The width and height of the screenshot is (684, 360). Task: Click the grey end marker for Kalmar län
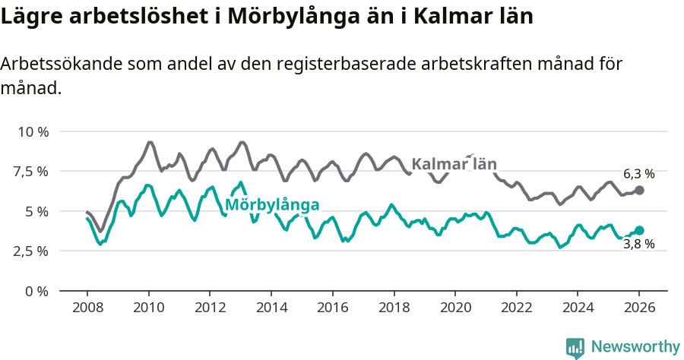[x=639, y=190]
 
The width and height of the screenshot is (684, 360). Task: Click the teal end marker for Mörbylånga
[x=639, y=230]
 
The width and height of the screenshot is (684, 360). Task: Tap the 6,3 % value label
[x=638, y=174]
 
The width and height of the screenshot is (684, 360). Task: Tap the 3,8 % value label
[x=638, y=245]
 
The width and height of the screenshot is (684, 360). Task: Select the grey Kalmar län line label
[x=454, y=164]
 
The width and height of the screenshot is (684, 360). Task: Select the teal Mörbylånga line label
[x=272, y=204]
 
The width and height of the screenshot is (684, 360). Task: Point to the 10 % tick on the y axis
[x=33, y=131]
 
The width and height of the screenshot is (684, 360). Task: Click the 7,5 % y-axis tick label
[x=33, y=171]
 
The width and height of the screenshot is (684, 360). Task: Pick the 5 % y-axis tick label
[x=37, y=211]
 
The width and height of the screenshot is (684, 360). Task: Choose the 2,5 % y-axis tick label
[x=33, y=251]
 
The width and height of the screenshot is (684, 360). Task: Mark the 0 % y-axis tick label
[x=37, y=290]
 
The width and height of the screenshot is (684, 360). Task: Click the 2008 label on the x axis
[x=87, y=309]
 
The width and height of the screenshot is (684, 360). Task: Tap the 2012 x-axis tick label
[x=210, y=309]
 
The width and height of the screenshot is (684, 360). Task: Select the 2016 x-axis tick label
[x=332, y=309]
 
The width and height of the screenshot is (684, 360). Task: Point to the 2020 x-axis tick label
[x=454, y=309]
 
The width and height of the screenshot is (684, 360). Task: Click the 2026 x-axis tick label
[x=639, y=309]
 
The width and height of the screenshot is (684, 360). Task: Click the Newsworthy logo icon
[x=575, y=348]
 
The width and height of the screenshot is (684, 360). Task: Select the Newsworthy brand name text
[x=635, y=347]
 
